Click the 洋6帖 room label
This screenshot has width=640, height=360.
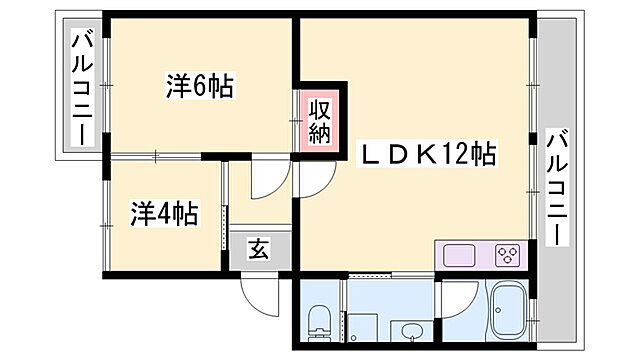click(x=199, y=87)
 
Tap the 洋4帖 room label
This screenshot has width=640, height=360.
click(x=164, y=214)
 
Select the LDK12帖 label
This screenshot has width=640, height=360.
click(x=429, y=155)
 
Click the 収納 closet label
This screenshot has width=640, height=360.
click(x=319, y=119)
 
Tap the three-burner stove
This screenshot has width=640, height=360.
click(x=506, y=255)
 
